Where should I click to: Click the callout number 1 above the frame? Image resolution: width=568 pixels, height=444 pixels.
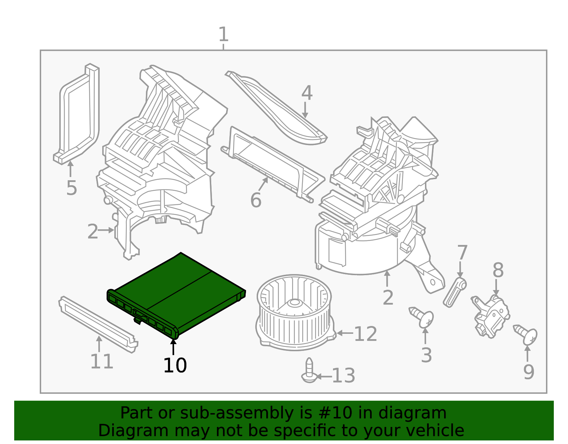pos(223,35)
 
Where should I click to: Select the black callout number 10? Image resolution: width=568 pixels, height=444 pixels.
pos(175,365)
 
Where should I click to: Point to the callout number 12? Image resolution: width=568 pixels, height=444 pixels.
pos(366,334)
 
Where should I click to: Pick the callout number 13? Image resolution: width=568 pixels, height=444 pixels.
pos(343,376)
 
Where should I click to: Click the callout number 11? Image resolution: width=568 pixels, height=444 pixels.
pos(102,362)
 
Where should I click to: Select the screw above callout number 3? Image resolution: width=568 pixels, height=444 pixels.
pos(423,317)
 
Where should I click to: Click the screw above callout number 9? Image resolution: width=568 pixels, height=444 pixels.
pos(527,335)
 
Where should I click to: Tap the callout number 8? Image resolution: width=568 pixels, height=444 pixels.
pos(498,271)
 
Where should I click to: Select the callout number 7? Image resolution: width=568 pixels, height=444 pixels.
pos(462,253)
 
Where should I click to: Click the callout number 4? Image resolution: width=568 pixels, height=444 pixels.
pos(307,93)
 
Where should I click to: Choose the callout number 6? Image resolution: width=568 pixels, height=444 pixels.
pos(256,200)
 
